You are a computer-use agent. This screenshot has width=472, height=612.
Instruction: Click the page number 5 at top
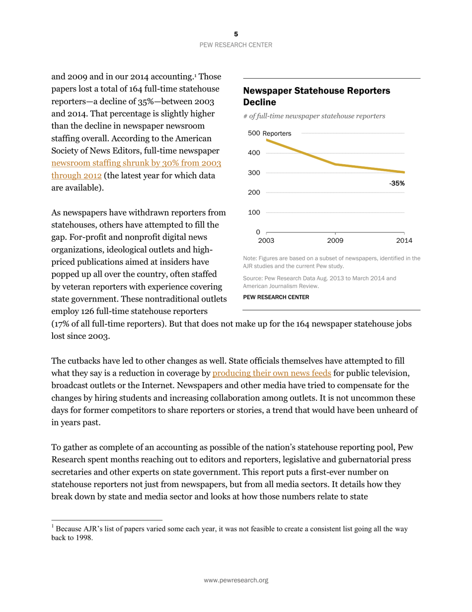236,34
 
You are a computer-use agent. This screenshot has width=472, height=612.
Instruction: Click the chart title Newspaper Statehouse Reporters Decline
316,96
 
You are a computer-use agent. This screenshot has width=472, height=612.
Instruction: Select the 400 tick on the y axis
254,153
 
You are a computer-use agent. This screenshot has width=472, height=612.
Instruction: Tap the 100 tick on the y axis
254,212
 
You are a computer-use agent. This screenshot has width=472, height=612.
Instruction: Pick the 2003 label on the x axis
266,241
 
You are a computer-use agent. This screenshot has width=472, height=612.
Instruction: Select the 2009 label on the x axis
335,241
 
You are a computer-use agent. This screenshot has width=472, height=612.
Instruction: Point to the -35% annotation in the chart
396,183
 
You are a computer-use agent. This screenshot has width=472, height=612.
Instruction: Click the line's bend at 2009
335,164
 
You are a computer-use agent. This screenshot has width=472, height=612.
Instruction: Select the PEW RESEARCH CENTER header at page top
236,45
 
